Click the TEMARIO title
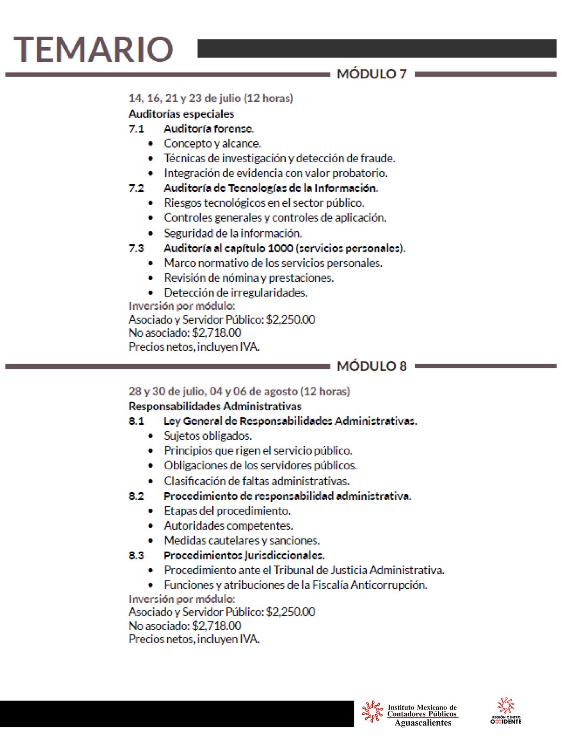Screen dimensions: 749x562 pyautogui.click(x=94, y=49)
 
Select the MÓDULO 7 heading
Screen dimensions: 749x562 pyautogui.click(x=372, y=74)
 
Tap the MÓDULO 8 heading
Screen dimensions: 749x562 pyautogui.click(x=372, y=366)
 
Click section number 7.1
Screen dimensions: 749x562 pyautogui.click(x=136, y=129)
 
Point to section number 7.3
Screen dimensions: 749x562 pyautogui.click(x=136, y=248)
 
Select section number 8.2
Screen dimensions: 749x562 pyautogui.click(x=136, y=496)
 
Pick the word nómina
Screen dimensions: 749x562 pyautogui.click(x=240, y=278)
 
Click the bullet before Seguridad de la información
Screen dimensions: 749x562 pyautogui.click(x=151, y=234)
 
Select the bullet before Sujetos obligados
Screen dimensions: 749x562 pyautogui.click(x=151, y=436)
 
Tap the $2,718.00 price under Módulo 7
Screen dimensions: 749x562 pyautogui.click(x=217, y=333)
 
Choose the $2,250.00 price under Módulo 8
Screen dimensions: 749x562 pyautogui.click(x=290, y=612)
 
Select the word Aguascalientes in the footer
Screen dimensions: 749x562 pyautogui.click(x=423, y=723)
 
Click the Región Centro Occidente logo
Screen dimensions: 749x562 pyautogui.click(x=506, y=711)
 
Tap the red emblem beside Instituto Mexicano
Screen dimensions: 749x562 pyautogui.click(x=372, y=711)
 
